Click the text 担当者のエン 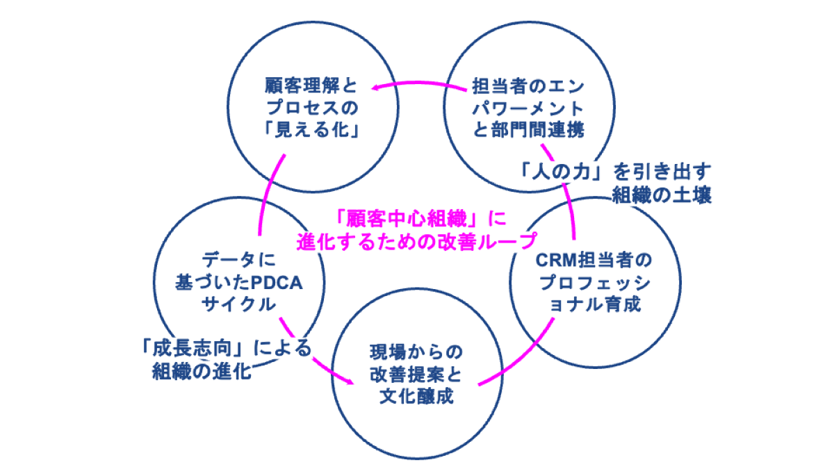pos(528,86)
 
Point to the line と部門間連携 pos(528,130)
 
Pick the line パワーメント pos(528,108)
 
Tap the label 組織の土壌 pos(661,194)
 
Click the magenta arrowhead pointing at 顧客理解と pos(375,88)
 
